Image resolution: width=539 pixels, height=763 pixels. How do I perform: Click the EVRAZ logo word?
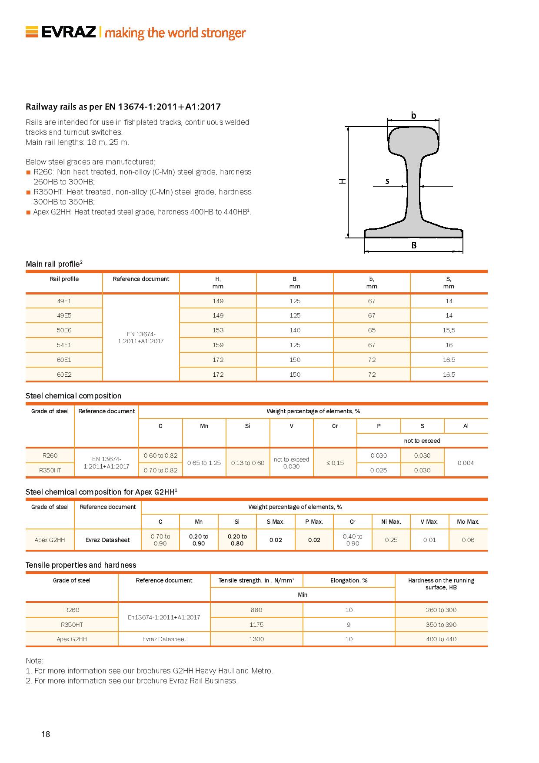[x=68, y=32]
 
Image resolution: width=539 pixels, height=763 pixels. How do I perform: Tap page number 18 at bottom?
[x=46, y=734]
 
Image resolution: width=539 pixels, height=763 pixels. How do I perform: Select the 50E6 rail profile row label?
[x=64, y=330]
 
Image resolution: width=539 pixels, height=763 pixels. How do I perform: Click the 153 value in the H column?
[x=218, y=330]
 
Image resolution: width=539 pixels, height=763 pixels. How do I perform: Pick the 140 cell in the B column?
[x=295, y=330]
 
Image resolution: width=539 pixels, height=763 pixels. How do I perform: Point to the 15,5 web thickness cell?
[x=449, y=330]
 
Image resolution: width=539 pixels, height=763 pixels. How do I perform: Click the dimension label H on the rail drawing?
[x=343, y=181]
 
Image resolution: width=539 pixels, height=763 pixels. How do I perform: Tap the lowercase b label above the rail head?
[x=413, y=115]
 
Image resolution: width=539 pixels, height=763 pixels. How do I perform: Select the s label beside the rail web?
[x=387, y=181]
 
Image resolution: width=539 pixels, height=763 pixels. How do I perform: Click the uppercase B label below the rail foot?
[x=414, y=245]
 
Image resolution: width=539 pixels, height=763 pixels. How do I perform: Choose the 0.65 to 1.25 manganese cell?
[x=204, y=463]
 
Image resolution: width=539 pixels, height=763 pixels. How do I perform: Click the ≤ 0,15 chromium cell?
[x=335, y=463]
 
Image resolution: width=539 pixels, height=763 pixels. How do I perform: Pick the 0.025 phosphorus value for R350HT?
[x=379, y=470]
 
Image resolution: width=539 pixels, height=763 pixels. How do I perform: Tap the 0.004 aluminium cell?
[x=466, y=463]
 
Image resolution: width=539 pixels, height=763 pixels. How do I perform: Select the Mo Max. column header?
[x=468, y=522]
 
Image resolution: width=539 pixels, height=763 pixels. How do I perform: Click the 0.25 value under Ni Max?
[x=391, y=540]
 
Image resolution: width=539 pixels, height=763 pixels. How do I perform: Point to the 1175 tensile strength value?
[x=256, y=625]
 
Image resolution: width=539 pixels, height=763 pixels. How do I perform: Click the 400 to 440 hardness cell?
[x=441, y=639]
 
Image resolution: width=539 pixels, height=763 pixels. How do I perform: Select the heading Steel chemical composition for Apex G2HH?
[x=101, y=492]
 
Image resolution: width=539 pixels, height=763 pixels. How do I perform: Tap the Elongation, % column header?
[x=349, y=580]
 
